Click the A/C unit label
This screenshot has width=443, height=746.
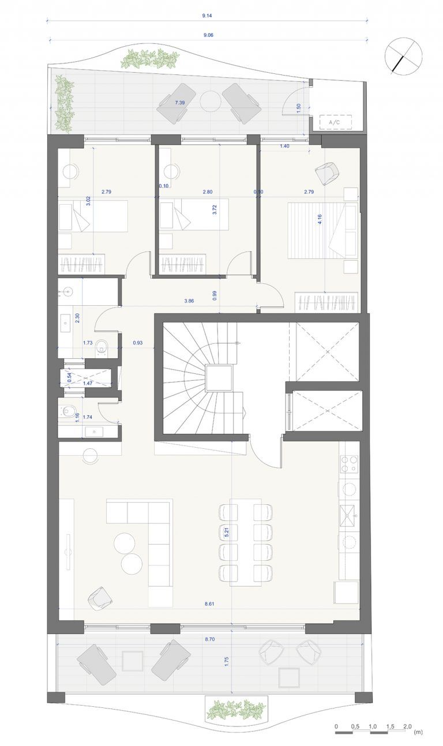(x=335, y=122)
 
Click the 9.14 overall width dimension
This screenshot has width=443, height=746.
(x=207, y=16)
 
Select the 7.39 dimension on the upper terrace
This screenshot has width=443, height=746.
(x=180, y=103)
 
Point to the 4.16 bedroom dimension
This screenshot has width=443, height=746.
(x=320, y=219)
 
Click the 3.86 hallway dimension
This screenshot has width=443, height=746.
(x=189, y=301)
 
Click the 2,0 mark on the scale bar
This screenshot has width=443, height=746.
(x=407, y=723)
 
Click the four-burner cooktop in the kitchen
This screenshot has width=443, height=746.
(x=349, y=464)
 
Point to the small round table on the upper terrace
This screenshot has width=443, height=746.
(x=210, y=101)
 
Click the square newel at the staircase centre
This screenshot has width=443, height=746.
(x=219, y=378)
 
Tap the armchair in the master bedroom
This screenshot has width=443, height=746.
(x=327, y=173)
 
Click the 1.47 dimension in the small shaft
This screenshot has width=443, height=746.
(x=88, y=383)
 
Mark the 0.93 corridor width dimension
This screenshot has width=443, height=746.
(x=137, y=342)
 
